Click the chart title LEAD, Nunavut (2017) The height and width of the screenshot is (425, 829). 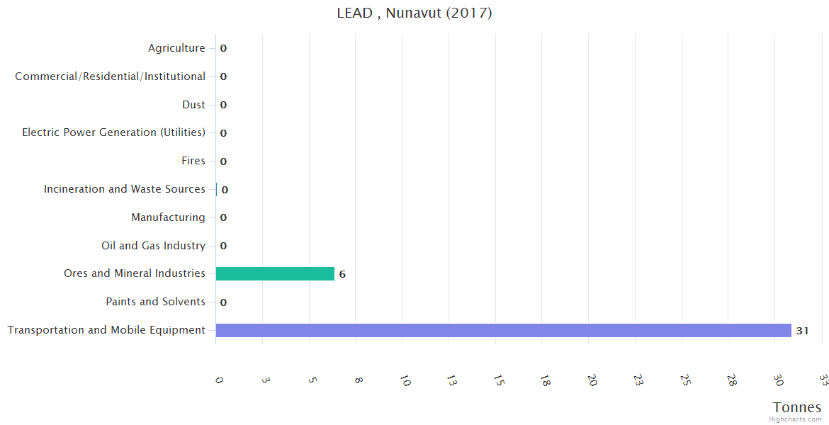tap(414, 13)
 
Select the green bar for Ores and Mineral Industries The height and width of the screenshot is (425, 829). tap(275, 273)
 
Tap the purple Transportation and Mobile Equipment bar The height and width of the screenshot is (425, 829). tap(503, 330)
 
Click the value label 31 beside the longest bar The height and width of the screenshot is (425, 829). tap(802, 331)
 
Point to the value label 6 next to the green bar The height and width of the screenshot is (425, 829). tap(342, 274)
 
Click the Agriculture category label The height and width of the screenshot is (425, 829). tap(176, 48)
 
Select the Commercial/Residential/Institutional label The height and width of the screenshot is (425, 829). tap(111, 76)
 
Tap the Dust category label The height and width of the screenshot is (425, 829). tap(193, 105)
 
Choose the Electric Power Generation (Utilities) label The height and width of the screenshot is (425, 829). tap(114, 132)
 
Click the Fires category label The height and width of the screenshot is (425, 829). tap(193, 161)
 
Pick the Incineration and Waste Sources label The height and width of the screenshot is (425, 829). tap(125, 189)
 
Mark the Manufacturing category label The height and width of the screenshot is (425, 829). tap(168, 217)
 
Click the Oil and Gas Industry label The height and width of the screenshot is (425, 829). tap(153, 246)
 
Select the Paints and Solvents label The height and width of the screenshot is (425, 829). tap(155, 302)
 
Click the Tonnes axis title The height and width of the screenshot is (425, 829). tap(797, 407)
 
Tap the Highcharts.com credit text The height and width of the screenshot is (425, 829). tap(796, 419)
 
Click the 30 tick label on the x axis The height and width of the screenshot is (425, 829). tap(779, 380)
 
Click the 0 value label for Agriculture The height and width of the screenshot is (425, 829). tap(223, 49)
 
